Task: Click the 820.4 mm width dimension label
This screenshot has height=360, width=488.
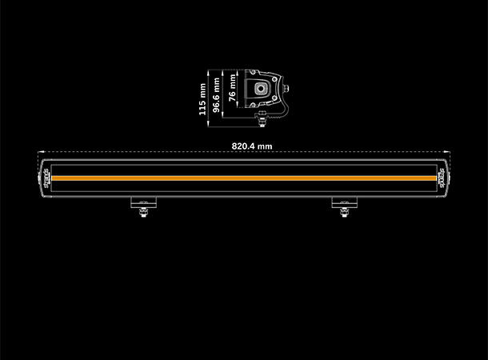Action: pyautogui.click(x=251, y=146)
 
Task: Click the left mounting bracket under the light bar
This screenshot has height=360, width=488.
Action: pyautogui.click(x=142, y=202)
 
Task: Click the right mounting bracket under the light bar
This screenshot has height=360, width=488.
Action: pyautogui.click(x=342, y=202)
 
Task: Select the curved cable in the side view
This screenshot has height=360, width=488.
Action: pyautogui.click(x=279, y=108)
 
